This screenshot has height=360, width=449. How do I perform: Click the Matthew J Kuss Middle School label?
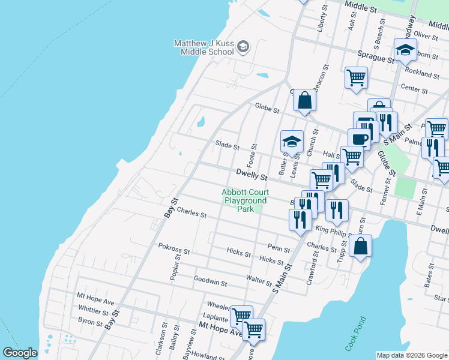203,47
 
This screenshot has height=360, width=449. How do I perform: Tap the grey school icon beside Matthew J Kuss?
243,47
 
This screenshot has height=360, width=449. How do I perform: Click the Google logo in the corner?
20,353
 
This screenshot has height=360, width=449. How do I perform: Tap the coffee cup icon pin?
359,139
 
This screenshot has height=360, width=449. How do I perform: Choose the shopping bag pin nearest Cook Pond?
360,247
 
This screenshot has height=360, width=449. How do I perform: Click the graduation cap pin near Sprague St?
406,50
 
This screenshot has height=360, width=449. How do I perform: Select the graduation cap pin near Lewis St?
292,142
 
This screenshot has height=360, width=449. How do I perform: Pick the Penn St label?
279,249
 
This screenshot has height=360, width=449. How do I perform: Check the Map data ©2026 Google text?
412,355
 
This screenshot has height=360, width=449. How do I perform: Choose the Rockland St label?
422,73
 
